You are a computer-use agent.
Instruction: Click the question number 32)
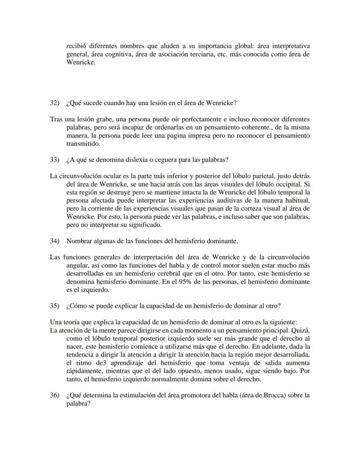[x=54, y=103]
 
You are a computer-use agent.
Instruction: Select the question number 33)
[x=54, y=160]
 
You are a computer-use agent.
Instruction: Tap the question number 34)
[x=54, y=241]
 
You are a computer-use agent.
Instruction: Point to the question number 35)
[x=54, y=305]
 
